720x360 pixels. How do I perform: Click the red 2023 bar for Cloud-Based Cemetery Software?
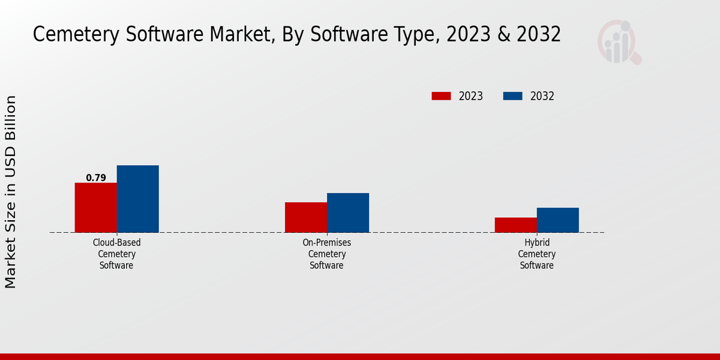click(95, 207)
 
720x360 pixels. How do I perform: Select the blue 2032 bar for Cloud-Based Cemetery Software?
click(138, 199)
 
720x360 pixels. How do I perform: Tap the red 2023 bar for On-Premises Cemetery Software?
click(306, 217)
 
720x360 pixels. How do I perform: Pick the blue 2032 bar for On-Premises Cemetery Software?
click(348, 212)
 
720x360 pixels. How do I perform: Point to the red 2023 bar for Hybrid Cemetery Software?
click(516, 224)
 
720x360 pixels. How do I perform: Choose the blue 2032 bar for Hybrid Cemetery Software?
click(558, 220)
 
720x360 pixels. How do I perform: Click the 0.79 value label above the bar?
click(96, 178)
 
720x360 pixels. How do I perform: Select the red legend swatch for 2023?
click(441, 96)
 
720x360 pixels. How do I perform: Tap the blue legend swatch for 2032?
click(512, 96)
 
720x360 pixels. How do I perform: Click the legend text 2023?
click(471, 96)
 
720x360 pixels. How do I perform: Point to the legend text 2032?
click(542, 96)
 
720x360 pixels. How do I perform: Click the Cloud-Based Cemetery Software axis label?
click(117, 254)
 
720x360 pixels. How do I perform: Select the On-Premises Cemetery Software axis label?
click(327, 254)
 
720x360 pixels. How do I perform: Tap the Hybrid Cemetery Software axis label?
click(537, 254)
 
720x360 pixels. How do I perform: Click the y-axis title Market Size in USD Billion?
click(11, 192)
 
